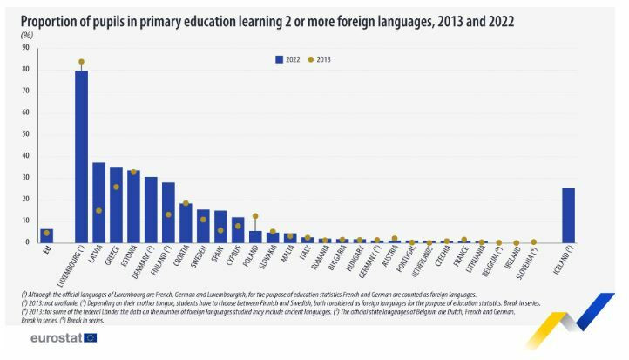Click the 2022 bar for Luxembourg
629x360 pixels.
[x=81, y=157]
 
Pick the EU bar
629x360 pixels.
[x=46, y=235]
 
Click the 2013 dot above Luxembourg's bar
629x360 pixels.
[x=81, y=62]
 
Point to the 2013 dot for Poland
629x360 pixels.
[x=255, y=216]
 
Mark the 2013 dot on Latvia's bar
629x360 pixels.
[x=98, y=210]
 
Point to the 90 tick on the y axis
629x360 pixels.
[x=26, y=48]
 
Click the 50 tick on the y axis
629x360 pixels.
[x=26, y=134]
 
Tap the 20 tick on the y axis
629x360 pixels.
[x=26, y=200]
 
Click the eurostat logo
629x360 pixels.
[x=63, y=337]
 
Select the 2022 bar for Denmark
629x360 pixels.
[x=151, y=210]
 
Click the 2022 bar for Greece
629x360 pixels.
[x=116, y=205]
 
